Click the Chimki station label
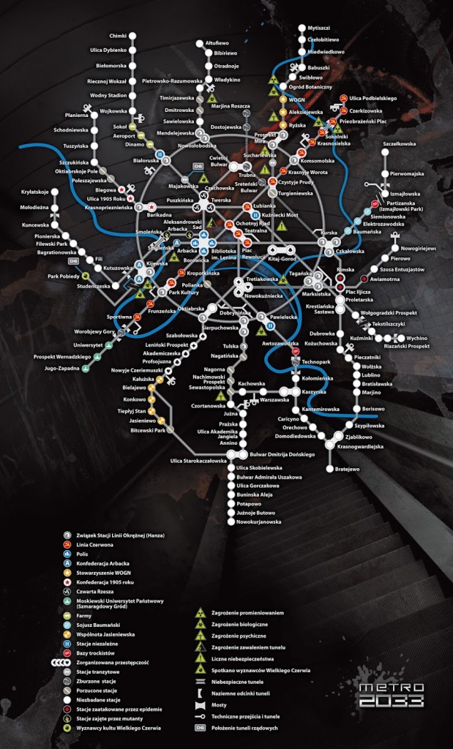pyautogui.click(x=117, y=36)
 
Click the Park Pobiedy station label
pyautogui.click(x=64, y=276)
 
